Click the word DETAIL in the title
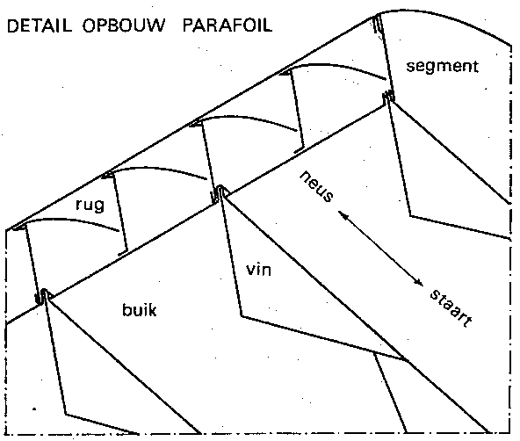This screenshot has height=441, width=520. tap(40, 25)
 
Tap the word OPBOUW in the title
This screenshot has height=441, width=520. tap(124, 25)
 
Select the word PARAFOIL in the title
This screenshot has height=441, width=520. tap(227, 25)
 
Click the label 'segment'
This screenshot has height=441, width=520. tap(443, 67)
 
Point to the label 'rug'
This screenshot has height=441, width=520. tap(90, 205)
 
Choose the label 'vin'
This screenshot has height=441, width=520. tap(258, 269)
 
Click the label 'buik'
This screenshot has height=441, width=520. tap(140, 310)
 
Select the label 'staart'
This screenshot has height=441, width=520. tap(451, 308)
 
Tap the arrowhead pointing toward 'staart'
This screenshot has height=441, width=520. tap(419, 282)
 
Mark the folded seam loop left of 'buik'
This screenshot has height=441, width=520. tap(42, 296)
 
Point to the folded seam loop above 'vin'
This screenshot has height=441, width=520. tap(218, 194)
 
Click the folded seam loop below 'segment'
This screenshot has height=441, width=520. tap(388, 97)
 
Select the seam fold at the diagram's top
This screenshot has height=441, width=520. tap(378, 24)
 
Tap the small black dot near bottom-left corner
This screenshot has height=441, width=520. tap(34, 409)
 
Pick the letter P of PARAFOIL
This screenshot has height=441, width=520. tap(188, 25)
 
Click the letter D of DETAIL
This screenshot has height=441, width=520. tap(13, 25)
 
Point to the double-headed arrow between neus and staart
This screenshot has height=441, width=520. tap(380, 249)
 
